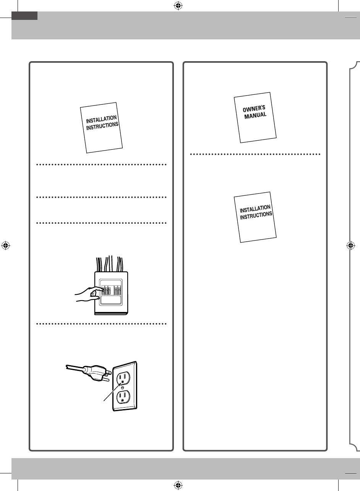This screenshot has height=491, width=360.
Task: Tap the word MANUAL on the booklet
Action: tap(256, 114)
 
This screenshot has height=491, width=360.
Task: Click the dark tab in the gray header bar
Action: tap(24, 15)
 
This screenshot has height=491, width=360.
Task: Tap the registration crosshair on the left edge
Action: tap(5, 245)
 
